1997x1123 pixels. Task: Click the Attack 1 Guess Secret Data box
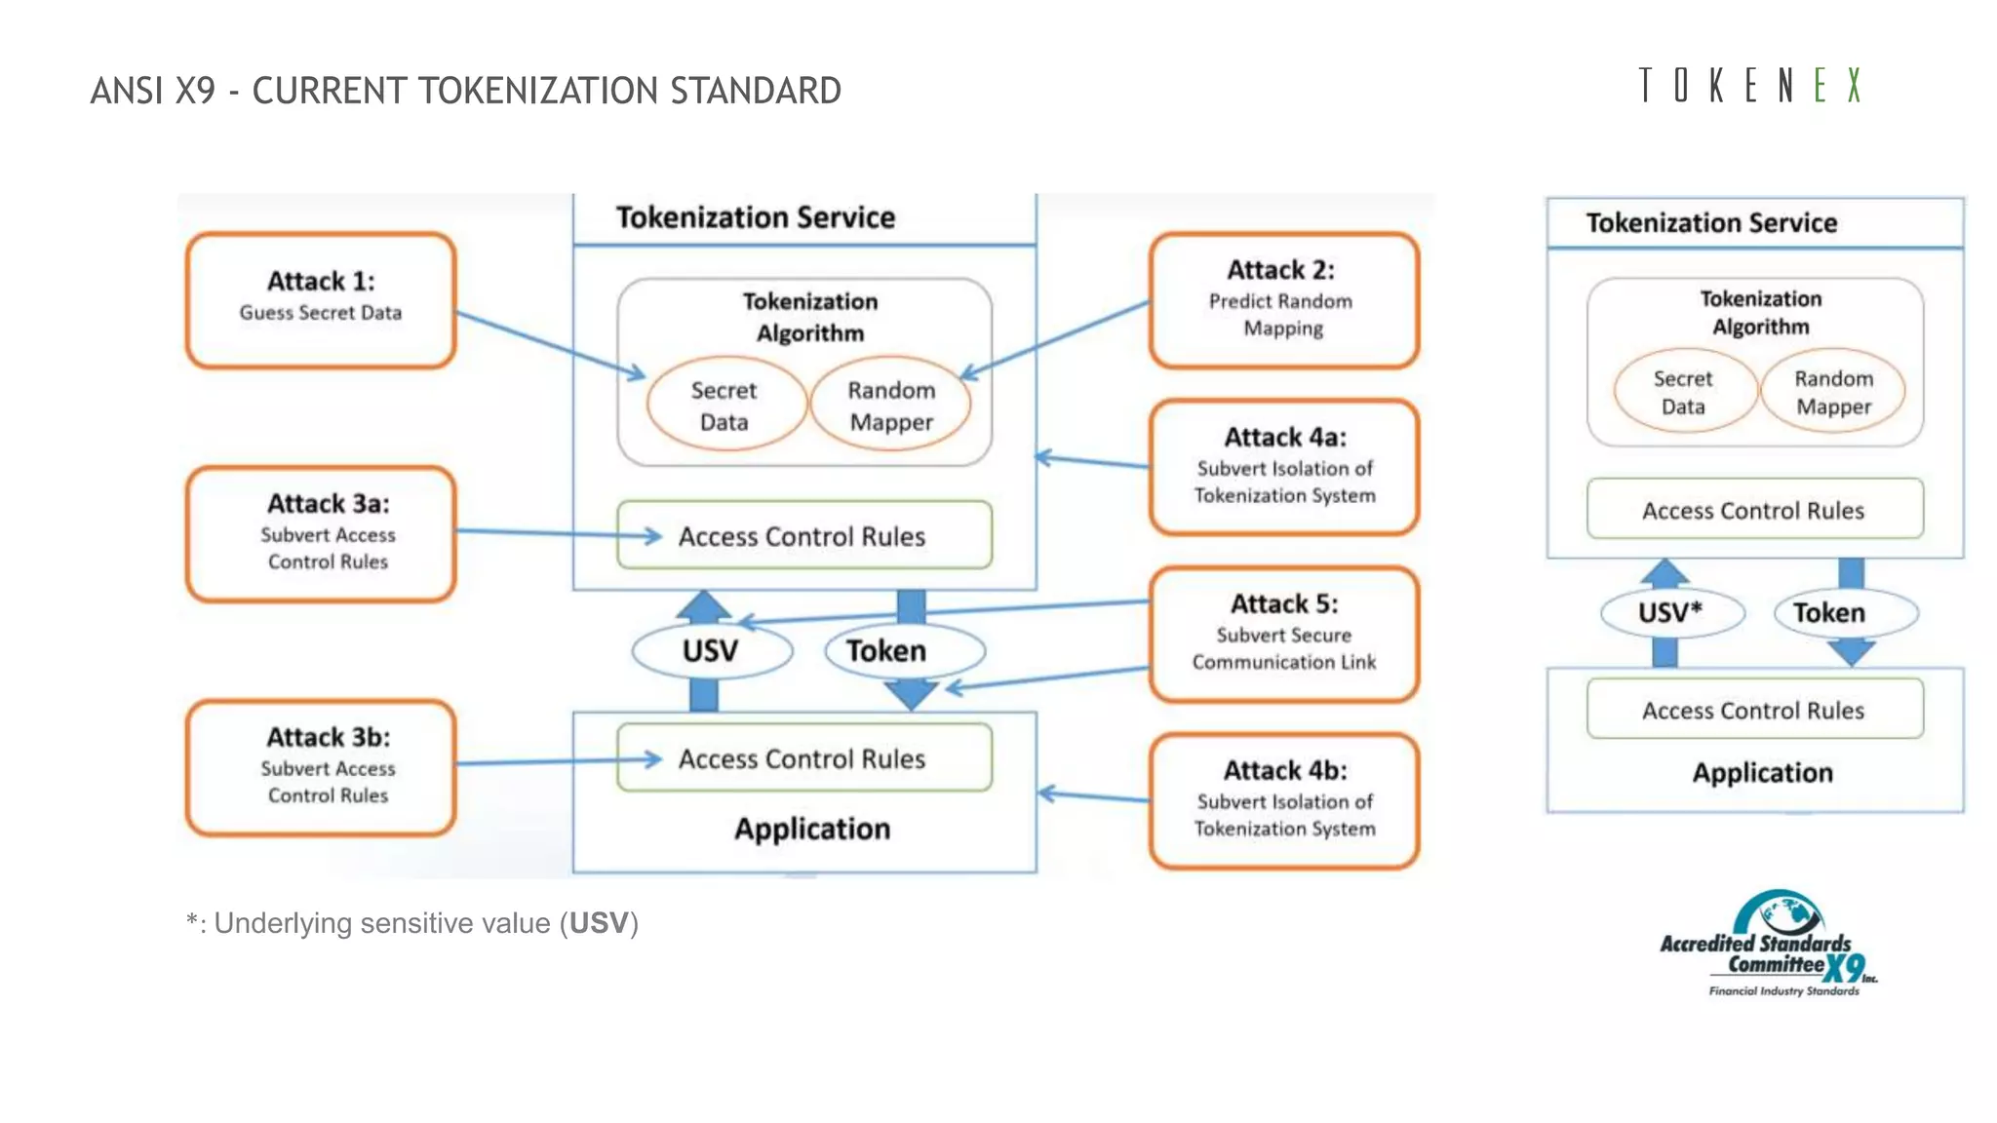tap(321, 300)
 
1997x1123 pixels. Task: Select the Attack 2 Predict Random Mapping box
tap(1283, 300)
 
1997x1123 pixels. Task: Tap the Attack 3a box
tap(321, 533)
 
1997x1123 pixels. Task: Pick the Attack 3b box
tap(321, 766)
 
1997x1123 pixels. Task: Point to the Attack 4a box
tap(1283, 467)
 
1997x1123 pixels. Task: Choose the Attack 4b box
tap(1283, 800)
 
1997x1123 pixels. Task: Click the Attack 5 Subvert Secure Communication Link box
tap(1283, 634)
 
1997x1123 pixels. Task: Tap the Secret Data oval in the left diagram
tap(724, 406)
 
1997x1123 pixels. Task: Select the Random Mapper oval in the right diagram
tap(1833, 392)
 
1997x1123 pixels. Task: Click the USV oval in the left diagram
tap(711, 650)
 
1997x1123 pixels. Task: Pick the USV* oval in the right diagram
tap(1671, 612)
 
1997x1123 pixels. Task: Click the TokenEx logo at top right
tap(1750, 86)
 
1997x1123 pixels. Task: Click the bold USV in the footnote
tap(599, 923)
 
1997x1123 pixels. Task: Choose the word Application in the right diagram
tap(1762, 773)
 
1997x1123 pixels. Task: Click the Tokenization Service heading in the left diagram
tap(756, 217)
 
